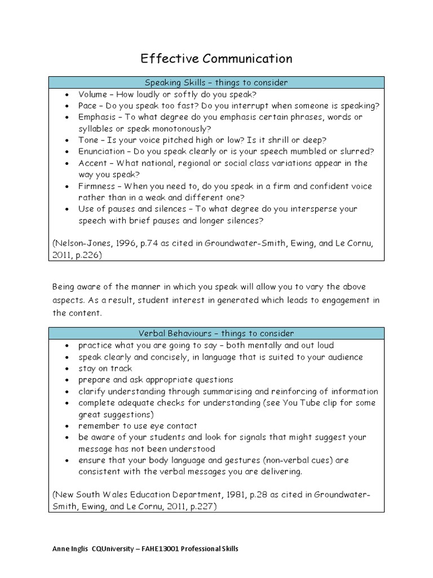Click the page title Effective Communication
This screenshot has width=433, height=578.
pos(216,58)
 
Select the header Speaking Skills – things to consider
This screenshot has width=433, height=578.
pos(216,82)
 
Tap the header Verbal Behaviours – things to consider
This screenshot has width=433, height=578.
pos(216,334)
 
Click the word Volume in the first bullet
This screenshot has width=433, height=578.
pos(92,94)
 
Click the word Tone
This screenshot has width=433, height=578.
pos(88,140)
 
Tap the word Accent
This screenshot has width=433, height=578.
pos(92,163)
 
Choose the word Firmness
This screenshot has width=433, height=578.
pos(96,186)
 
